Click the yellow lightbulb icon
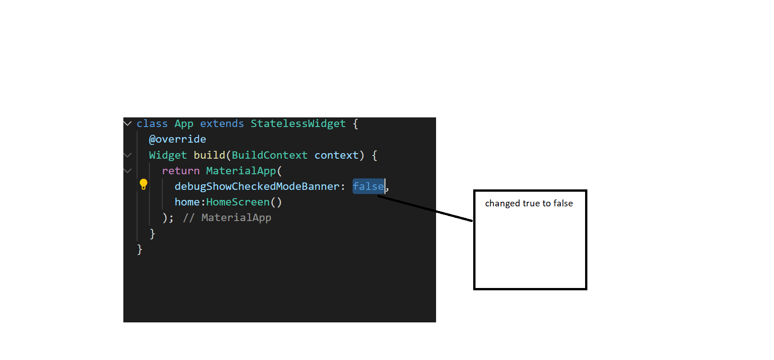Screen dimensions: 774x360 click(x=144, y=184)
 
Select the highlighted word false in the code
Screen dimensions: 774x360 click(x=368, y=187)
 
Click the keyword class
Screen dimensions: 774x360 click(x=152, y=124)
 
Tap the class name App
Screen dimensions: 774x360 click(x=184, y=124)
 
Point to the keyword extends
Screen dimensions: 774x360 click(x=222, y=124)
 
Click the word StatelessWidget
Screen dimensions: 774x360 click(x=298, y=124)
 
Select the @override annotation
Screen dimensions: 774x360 click(x=177, y=139)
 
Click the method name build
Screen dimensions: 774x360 click(x=209, y=155)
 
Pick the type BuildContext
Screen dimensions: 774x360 click(x=270, y=155)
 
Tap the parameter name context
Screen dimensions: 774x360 click(x=337, y=155)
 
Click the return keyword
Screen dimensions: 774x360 click(x=181, y=171)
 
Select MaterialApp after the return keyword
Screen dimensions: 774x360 click(x=241, y=171)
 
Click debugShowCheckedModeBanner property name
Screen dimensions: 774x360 click(x=257, y=187)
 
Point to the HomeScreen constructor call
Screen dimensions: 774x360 click(x=244, y=202)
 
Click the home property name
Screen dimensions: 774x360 click(x=187, y=202)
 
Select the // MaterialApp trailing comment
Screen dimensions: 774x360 click(x=227, y=218)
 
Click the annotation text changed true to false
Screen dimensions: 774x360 click(x=529, y=204)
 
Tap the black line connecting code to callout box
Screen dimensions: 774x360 click(x=425, y=208)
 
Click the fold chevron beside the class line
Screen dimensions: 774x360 click(x=127, y=123)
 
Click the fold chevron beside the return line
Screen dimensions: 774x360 click(x=127, y=171)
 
